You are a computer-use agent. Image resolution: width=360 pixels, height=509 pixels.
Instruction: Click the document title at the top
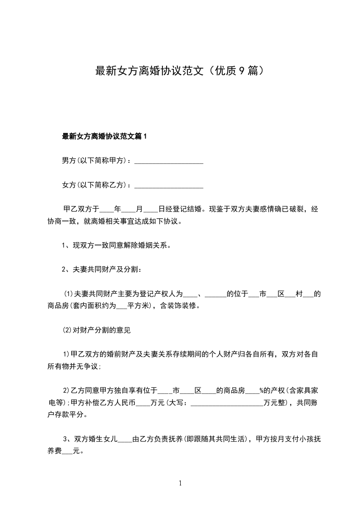pyautogui.click(x=180, y=71)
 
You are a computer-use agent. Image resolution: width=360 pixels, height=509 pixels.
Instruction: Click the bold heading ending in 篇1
pyautogui.click(x=105, y=136)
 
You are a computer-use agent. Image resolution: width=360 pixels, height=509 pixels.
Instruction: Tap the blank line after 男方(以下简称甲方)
pyautogui.click(x=169, y=161)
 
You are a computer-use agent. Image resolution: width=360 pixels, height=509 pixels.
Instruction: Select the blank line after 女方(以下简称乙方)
pyautogui.click(x=169, y=185)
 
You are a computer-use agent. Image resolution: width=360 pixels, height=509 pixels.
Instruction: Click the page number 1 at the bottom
pyautogui.click(x=180, y=483)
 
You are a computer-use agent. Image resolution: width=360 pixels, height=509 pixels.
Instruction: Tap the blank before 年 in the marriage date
pyautogui.click(x=107, y=210)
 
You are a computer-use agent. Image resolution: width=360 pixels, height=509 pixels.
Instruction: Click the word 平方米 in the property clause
pyautogui.click(x=138, y=306)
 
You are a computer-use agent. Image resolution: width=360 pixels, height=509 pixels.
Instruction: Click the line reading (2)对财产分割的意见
pyautogui.click(x=96, y=330)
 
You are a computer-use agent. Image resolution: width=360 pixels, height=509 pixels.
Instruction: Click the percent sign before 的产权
pyautogui.click(x=261, y=390)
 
